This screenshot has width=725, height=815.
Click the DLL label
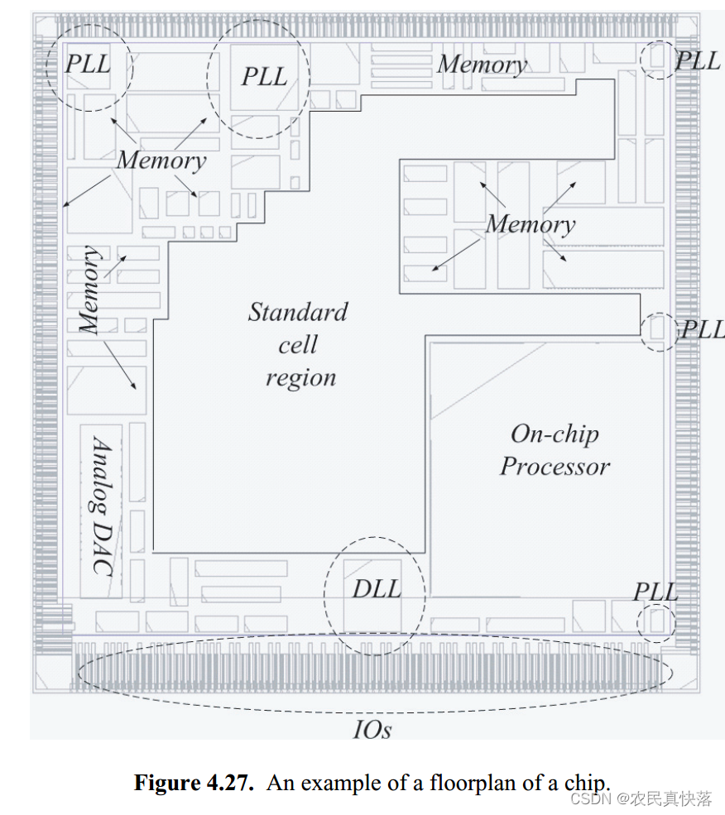click(x=377, y=589)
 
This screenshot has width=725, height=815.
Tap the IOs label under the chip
click(x=372, y=729)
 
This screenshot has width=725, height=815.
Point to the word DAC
click(x=102, y=549)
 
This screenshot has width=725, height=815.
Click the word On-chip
click(x=555, y=434)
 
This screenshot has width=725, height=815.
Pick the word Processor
click(x=555, y=466)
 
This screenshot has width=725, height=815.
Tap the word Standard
click(x=298, y=312)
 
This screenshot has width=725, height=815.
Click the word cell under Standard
click(x=298, y=344)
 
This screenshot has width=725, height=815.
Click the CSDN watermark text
click(x=590, y=798)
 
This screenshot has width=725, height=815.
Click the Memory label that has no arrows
click(x=483, y=65)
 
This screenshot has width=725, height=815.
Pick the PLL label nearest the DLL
click(x=656, y=592)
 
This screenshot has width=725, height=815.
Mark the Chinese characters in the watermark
click(x=671, y=798)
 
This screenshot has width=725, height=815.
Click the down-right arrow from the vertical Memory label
click(x=120, y=365)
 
